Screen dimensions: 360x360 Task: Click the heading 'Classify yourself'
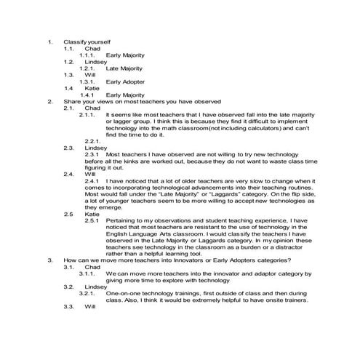pyautogui.click(x=87, y=41)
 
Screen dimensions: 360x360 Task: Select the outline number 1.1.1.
pyautogui.click(x=89, y=55)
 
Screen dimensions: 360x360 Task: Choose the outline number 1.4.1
pyautogui.click(x=89, y=95)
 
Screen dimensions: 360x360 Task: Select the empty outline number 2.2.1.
pyautogui.click(x=92, y=140)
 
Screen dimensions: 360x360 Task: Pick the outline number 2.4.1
pyautogui.click(x=92, y=180)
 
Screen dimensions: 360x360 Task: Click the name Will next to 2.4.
pyautogui.click(x=89, y=174)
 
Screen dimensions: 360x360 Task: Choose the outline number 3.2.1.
pyautogui.click(x=89, y=293)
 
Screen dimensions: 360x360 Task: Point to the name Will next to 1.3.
pyautogui.click(x=89, y=75)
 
